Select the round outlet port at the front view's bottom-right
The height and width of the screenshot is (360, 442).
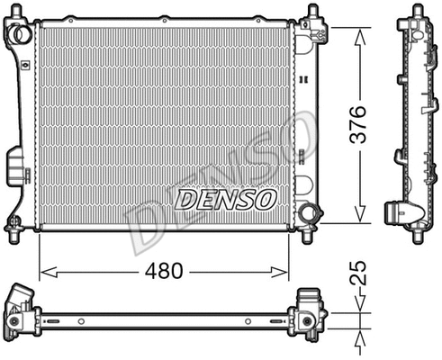[309, 214]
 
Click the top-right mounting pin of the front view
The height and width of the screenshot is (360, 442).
[312, 11]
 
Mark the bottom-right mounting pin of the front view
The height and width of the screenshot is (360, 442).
[311, 236]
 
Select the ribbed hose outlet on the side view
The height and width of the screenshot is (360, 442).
[399, 213]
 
